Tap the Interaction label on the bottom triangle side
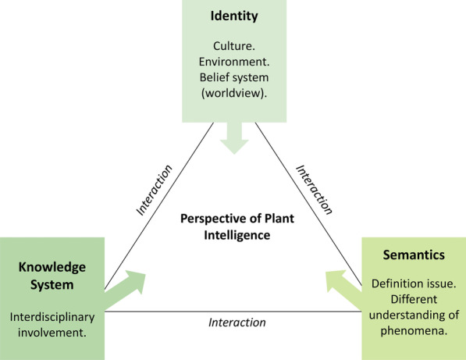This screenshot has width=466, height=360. pyautogui.click(x=237, y=322)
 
